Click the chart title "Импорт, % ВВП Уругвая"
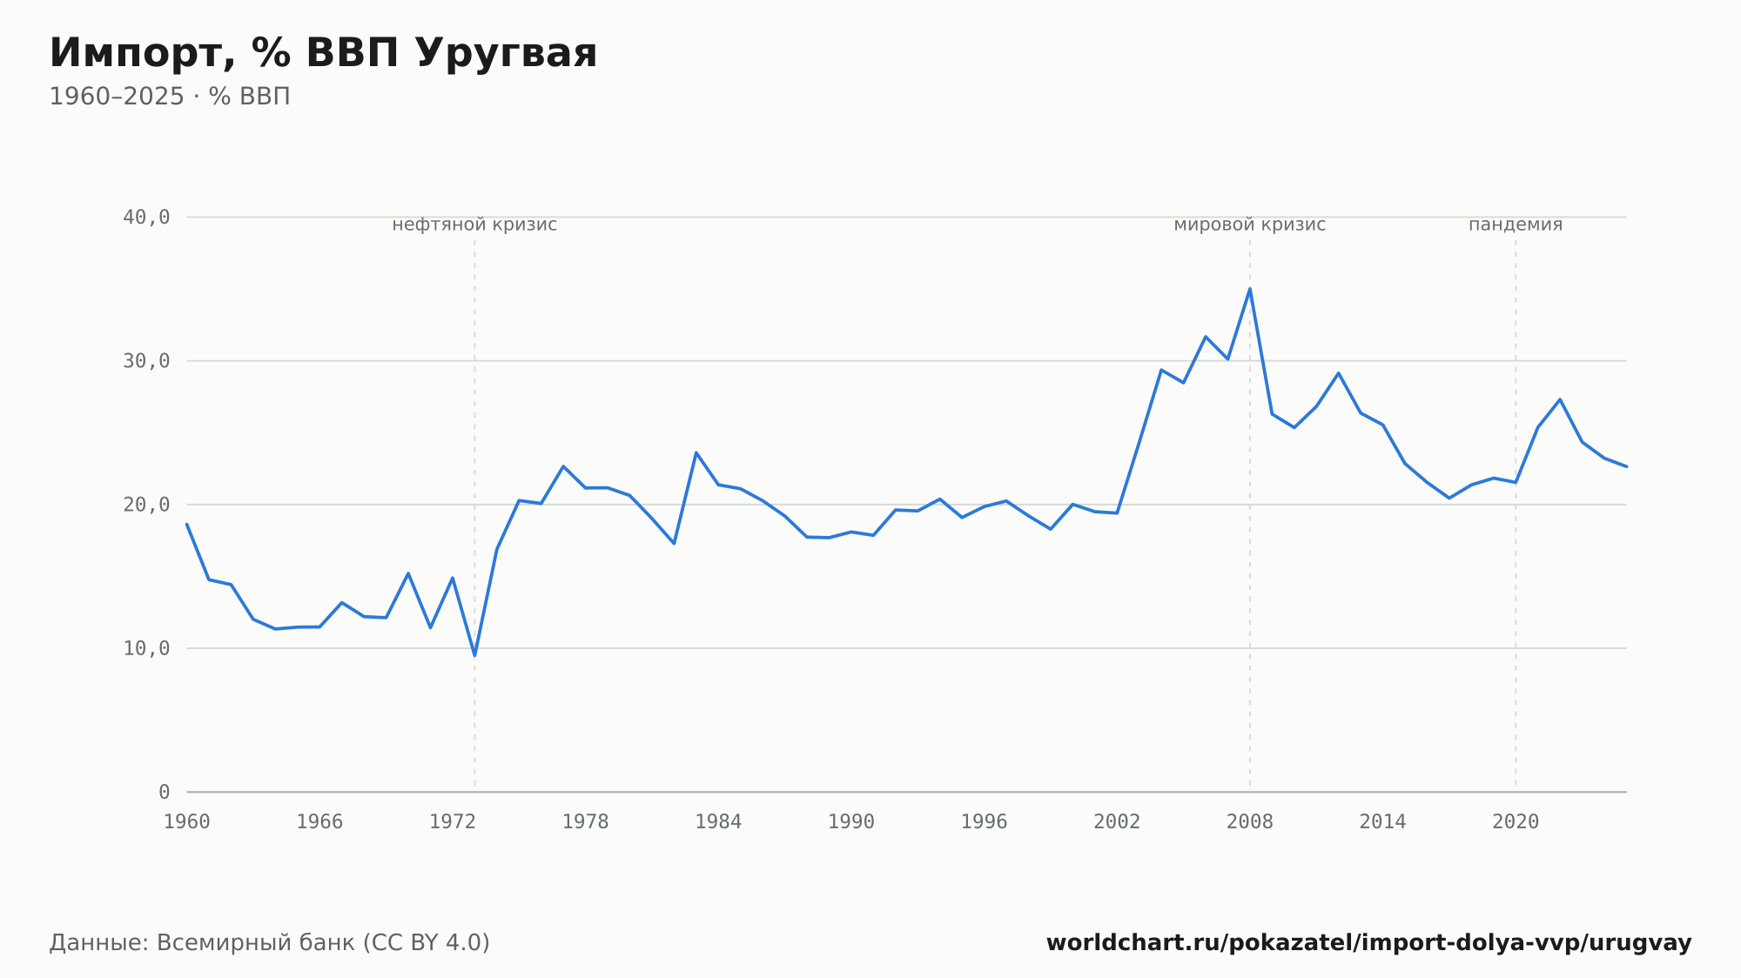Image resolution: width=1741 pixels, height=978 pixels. (x=323, y=54)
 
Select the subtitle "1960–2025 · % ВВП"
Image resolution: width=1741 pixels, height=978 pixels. (x=170, y=97)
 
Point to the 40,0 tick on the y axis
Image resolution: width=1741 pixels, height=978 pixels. (x=146, y=218)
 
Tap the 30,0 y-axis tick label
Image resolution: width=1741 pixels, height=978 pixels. (x=146, y=361)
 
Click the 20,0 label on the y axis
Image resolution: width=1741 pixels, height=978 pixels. (x=146, y=505)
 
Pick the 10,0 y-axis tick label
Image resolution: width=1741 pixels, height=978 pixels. (x=146, y=648)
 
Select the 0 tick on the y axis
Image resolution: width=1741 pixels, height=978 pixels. (x=165, y=792)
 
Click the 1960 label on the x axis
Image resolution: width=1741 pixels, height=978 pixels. (x=187, y=822)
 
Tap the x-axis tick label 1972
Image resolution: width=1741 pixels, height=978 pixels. (x=453, y=822)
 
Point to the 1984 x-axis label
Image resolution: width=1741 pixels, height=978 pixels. (x=718, y=822)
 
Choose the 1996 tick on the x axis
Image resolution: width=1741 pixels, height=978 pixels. (x=984, y=822)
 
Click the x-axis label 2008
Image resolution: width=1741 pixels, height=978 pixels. (x=1250, y=822)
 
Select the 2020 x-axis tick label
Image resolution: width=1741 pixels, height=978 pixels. (x=1516, y=822)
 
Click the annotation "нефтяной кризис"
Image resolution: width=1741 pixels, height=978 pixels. (x=474, y=225)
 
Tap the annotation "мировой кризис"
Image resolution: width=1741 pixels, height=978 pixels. (x=1250, y=225)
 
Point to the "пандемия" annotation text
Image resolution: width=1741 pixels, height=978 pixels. (x=1516, y=225)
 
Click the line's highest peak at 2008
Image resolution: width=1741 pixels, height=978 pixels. (x=1250, y=289)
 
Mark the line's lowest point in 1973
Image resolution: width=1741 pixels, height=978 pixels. (x=474, y=655)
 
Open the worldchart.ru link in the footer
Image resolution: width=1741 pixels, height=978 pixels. (x=1368, y=943)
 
